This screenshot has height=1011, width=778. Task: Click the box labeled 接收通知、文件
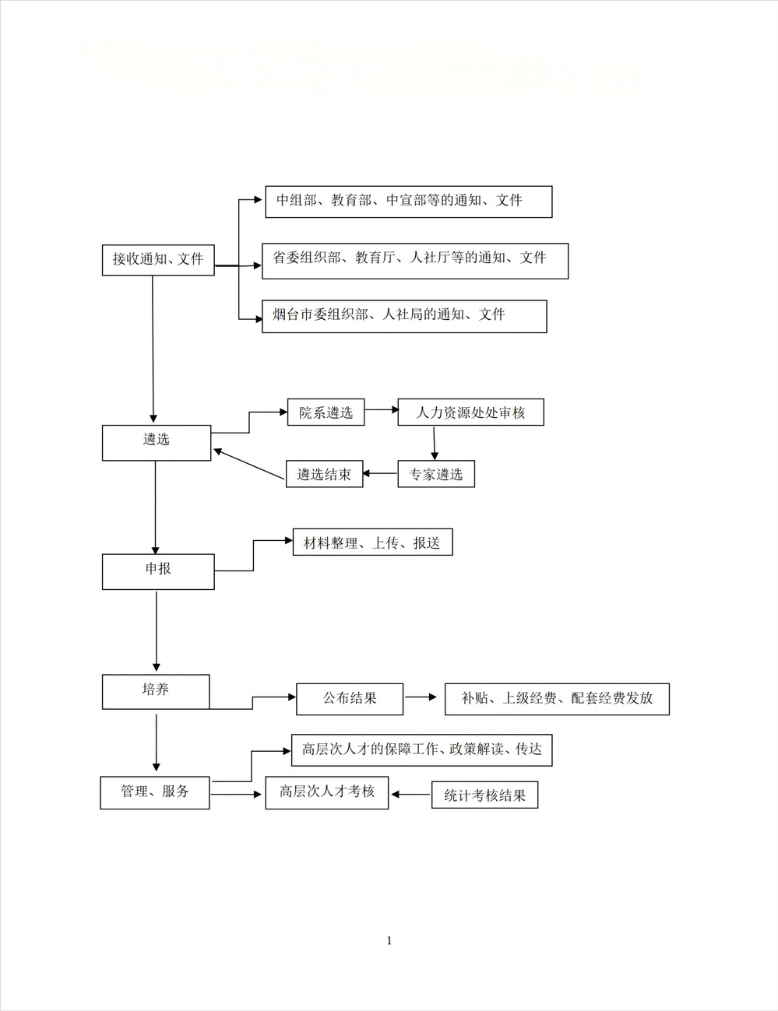[x=158, y=260]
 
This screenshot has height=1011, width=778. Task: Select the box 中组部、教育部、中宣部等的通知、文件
[x=408, y=202]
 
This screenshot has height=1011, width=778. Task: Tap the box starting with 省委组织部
[x=415, y=261]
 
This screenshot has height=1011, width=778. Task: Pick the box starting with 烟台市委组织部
[x=404, y=316]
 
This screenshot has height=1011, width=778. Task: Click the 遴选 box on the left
[x=157, y=442]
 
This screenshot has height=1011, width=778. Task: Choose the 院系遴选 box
[x=326, y=412]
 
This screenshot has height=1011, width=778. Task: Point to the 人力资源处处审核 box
[x=470, y=412]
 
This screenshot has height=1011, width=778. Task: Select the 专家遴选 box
[x=435, y=474]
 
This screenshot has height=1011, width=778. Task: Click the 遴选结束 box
[x=324, y=474]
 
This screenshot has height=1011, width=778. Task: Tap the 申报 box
[x=158, y=571]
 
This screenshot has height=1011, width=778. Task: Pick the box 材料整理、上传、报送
[x=372, y=542]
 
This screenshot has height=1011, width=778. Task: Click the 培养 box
[x=156, y=691]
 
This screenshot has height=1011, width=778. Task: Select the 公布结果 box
[x=350, y=698]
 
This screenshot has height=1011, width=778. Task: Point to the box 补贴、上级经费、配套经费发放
[x=557, y=698]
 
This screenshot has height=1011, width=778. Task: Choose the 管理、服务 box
[x=155, y=792]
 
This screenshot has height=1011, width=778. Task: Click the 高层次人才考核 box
[x=326, y=792]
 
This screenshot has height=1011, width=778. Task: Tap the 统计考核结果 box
[x=484, y=795]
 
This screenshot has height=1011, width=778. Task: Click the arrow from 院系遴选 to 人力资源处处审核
[x=381, y=409]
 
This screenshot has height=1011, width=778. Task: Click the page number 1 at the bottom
[x=389, y=941]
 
